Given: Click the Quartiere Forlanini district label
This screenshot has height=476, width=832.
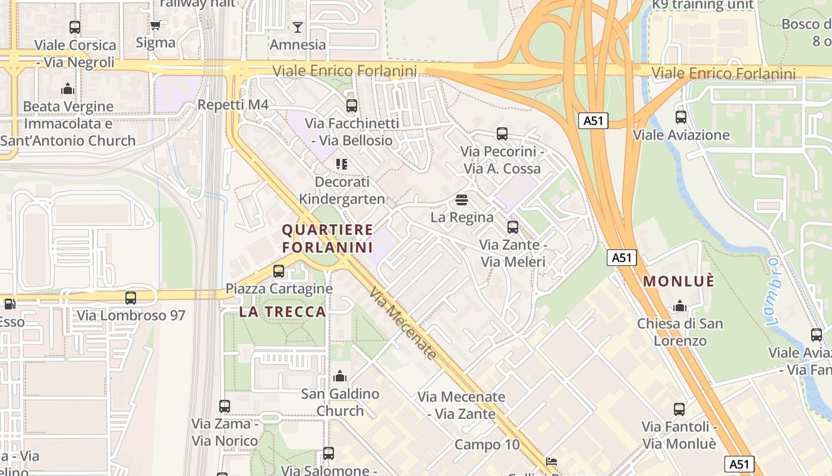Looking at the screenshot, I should (x=327, y=238).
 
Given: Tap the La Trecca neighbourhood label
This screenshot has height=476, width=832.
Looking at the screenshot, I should (x=283, y=311).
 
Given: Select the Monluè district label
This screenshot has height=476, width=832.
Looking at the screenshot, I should (x=679, y=280).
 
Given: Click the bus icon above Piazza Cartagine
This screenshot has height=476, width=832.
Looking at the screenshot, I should (x=278, y=271).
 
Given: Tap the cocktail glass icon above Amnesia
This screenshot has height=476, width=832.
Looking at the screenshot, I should (x=298, y=27).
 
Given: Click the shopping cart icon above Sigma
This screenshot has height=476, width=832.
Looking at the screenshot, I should (x=156, y=25).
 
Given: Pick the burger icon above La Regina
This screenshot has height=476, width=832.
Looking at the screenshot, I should (x=462, y=199).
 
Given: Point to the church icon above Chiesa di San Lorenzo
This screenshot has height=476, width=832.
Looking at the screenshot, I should (x=680, y=306).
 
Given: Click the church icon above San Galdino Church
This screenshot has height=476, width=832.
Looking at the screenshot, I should (x=340, y=376).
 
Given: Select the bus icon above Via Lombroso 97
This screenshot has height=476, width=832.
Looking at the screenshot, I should (x=131, y=298).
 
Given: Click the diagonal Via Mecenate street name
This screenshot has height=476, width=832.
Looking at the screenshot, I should (x=403, y=324).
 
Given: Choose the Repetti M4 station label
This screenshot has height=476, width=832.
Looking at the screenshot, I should (x=233, y=105).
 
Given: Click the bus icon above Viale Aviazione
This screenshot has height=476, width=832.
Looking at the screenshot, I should (x=681, y=117).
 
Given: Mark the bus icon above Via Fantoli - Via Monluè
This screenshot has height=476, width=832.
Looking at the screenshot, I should (x=679, y=409).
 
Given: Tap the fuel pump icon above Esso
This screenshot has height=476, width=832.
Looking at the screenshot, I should (x=9, y=304).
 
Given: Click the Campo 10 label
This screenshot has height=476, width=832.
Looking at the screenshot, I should (x=487, y=444).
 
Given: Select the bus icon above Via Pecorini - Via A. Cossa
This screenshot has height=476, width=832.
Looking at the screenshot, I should (x=502, y=134).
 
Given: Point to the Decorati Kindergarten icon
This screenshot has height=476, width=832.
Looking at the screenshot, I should (x=341, y=164).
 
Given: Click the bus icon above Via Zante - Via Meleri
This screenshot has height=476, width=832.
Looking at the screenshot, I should (x=512, y=227).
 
